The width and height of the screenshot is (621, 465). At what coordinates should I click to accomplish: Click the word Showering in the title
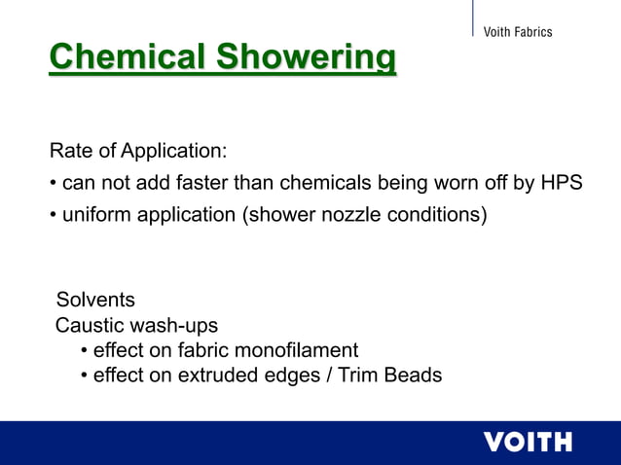(x=306, y=57)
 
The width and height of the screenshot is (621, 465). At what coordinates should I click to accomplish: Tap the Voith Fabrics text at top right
(x=517, y=32)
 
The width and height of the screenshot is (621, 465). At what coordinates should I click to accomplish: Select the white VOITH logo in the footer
(x=528, y=443)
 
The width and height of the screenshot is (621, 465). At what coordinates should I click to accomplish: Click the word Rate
(x=71, y=152)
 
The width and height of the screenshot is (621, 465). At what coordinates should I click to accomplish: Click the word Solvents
(x=95, y=299)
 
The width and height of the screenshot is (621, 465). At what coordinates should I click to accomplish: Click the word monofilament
(x=299, y=349)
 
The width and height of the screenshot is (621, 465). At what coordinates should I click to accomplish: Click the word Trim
(x=359, y=375)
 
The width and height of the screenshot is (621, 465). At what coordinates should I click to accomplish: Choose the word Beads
(x=414, y=375)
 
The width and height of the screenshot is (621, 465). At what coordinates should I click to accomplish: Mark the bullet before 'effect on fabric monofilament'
(x=85, y=349)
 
